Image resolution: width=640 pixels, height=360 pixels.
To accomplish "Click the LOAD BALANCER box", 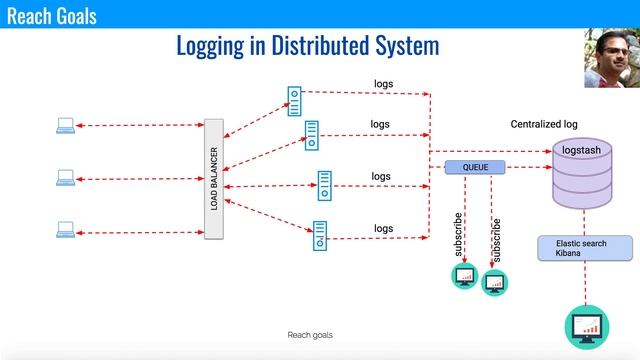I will pos(213,179).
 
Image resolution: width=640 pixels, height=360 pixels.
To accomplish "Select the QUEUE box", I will pos(476,167).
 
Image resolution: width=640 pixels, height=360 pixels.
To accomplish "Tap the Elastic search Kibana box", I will pos(585,248).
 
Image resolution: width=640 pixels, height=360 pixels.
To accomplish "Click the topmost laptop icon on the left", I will pos(65,125).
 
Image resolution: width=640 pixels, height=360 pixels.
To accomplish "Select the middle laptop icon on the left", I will pos(65,178).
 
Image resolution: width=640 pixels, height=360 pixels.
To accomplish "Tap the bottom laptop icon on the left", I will pos(65,230).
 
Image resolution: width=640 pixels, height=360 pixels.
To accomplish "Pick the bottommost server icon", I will pos(320,235).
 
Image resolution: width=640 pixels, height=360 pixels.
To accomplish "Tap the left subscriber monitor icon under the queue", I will pos(464,277).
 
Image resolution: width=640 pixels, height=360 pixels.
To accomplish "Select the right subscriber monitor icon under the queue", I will pos(495,283).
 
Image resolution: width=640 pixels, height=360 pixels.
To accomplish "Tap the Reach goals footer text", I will pos(310,335).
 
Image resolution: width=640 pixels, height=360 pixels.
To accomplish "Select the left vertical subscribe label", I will pos(458,234).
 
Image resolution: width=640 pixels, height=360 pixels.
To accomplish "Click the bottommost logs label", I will pos(384,228).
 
